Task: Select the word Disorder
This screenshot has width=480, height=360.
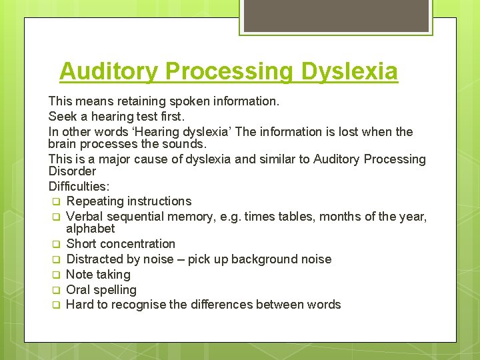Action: (72, 172)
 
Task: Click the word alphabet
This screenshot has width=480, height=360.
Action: (90, 229)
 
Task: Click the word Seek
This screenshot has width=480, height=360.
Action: (61, 117)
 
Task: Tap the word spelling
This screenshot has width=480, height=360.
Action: (115, 290)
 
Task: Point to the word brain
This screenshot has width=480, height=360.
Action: (63, 144)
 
